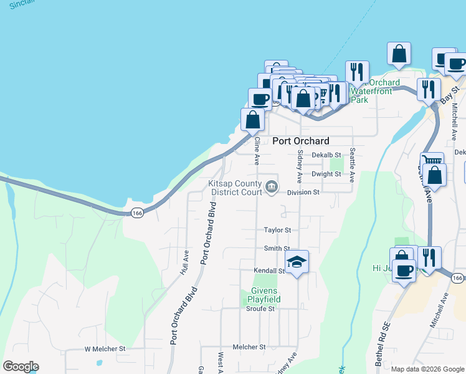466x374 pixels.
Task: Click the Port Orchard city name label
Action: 301,141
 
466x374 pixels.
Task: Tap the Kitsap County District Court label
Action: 235,188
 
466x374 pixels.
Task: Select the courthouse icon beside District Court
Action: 272,186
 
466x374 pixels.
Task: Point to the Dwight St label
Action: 326,174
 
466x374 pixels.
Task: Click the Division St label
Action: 303,193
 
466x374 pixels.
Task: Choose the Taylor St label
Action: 277,230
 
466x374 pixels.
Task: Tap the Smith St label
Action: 277,248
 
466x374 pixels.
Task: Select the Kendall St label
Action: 269,271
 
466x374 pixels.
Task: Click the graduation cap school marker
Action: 297,262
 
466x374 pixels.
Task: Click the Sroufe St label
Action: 260,309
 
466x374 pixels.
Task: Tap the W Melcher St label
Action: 105,348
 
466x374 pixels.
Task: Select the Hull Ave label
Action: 184,262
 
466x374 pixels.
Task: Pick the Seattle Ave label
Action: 352,165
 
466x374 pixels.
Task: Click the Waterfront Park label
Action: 372,91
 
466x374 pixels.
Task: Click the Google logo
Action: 21,367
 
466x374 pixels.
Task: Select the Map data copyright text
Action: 427,369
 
